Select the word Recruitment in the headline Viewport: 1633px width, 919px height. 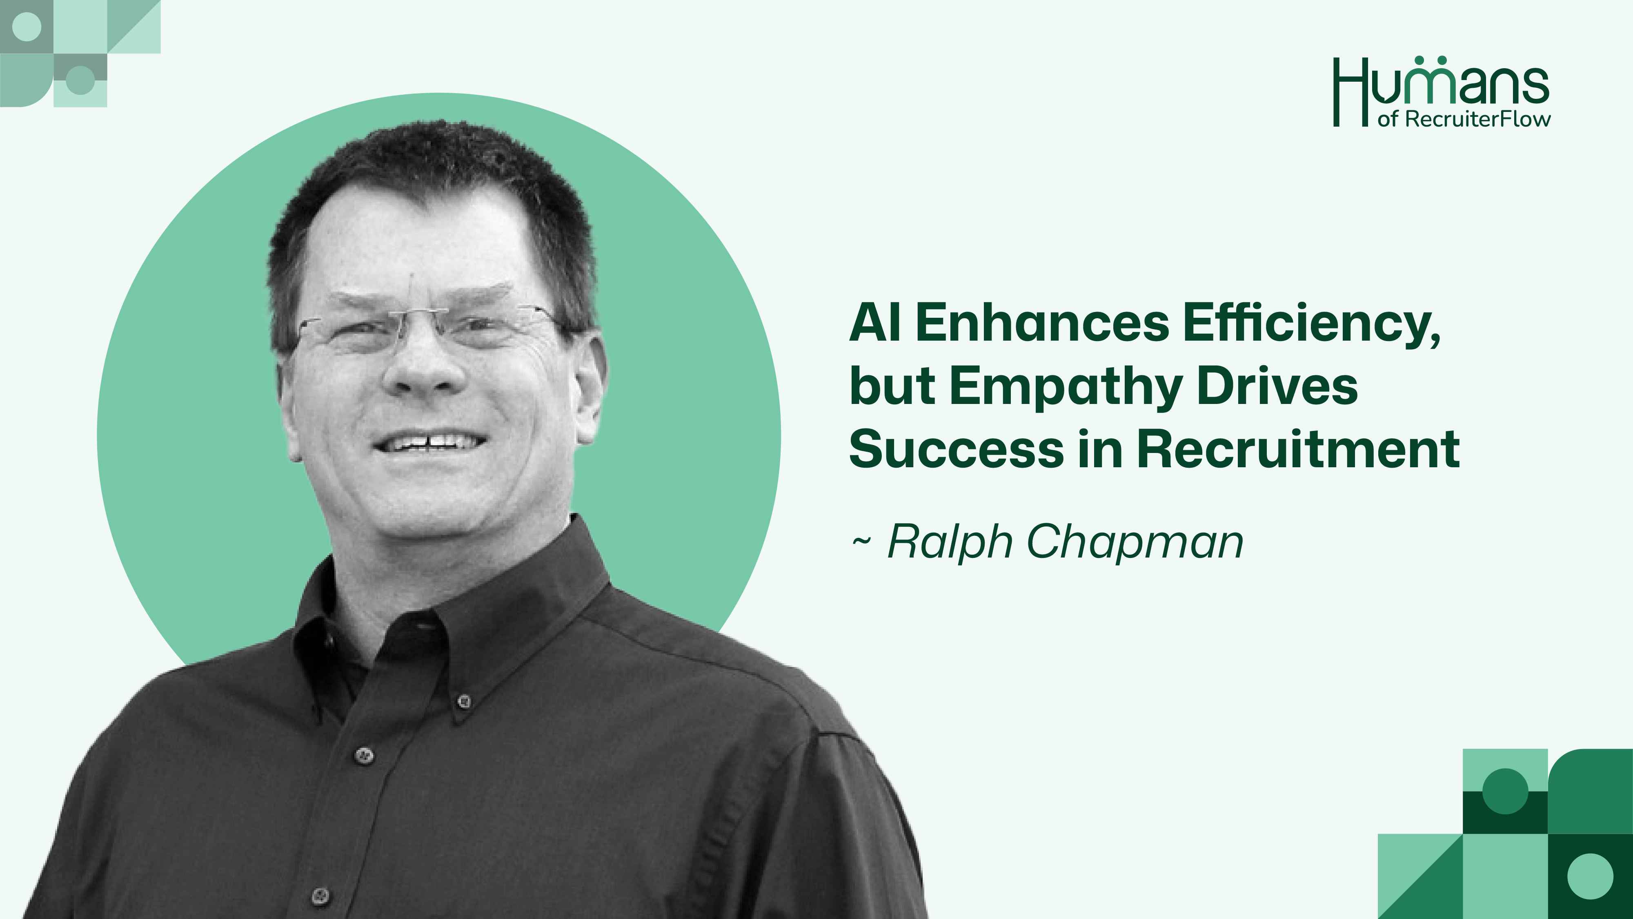(1298, 448)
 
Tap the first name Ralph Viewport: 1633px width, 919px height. (950, 542)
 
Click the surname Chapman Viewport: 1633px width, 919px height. (1135, 542)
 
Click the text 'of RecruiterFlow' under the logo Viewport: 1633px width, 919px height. (1464, 118)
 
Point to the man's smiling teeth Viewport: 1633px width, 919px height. (430, 442)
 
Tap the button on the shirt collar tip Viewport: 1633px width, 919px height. (464, 701)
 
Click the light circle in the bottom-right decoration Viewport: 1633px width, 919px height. (1590, 876)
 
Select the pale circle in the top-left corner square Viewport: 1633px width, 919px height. (27, 27)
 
